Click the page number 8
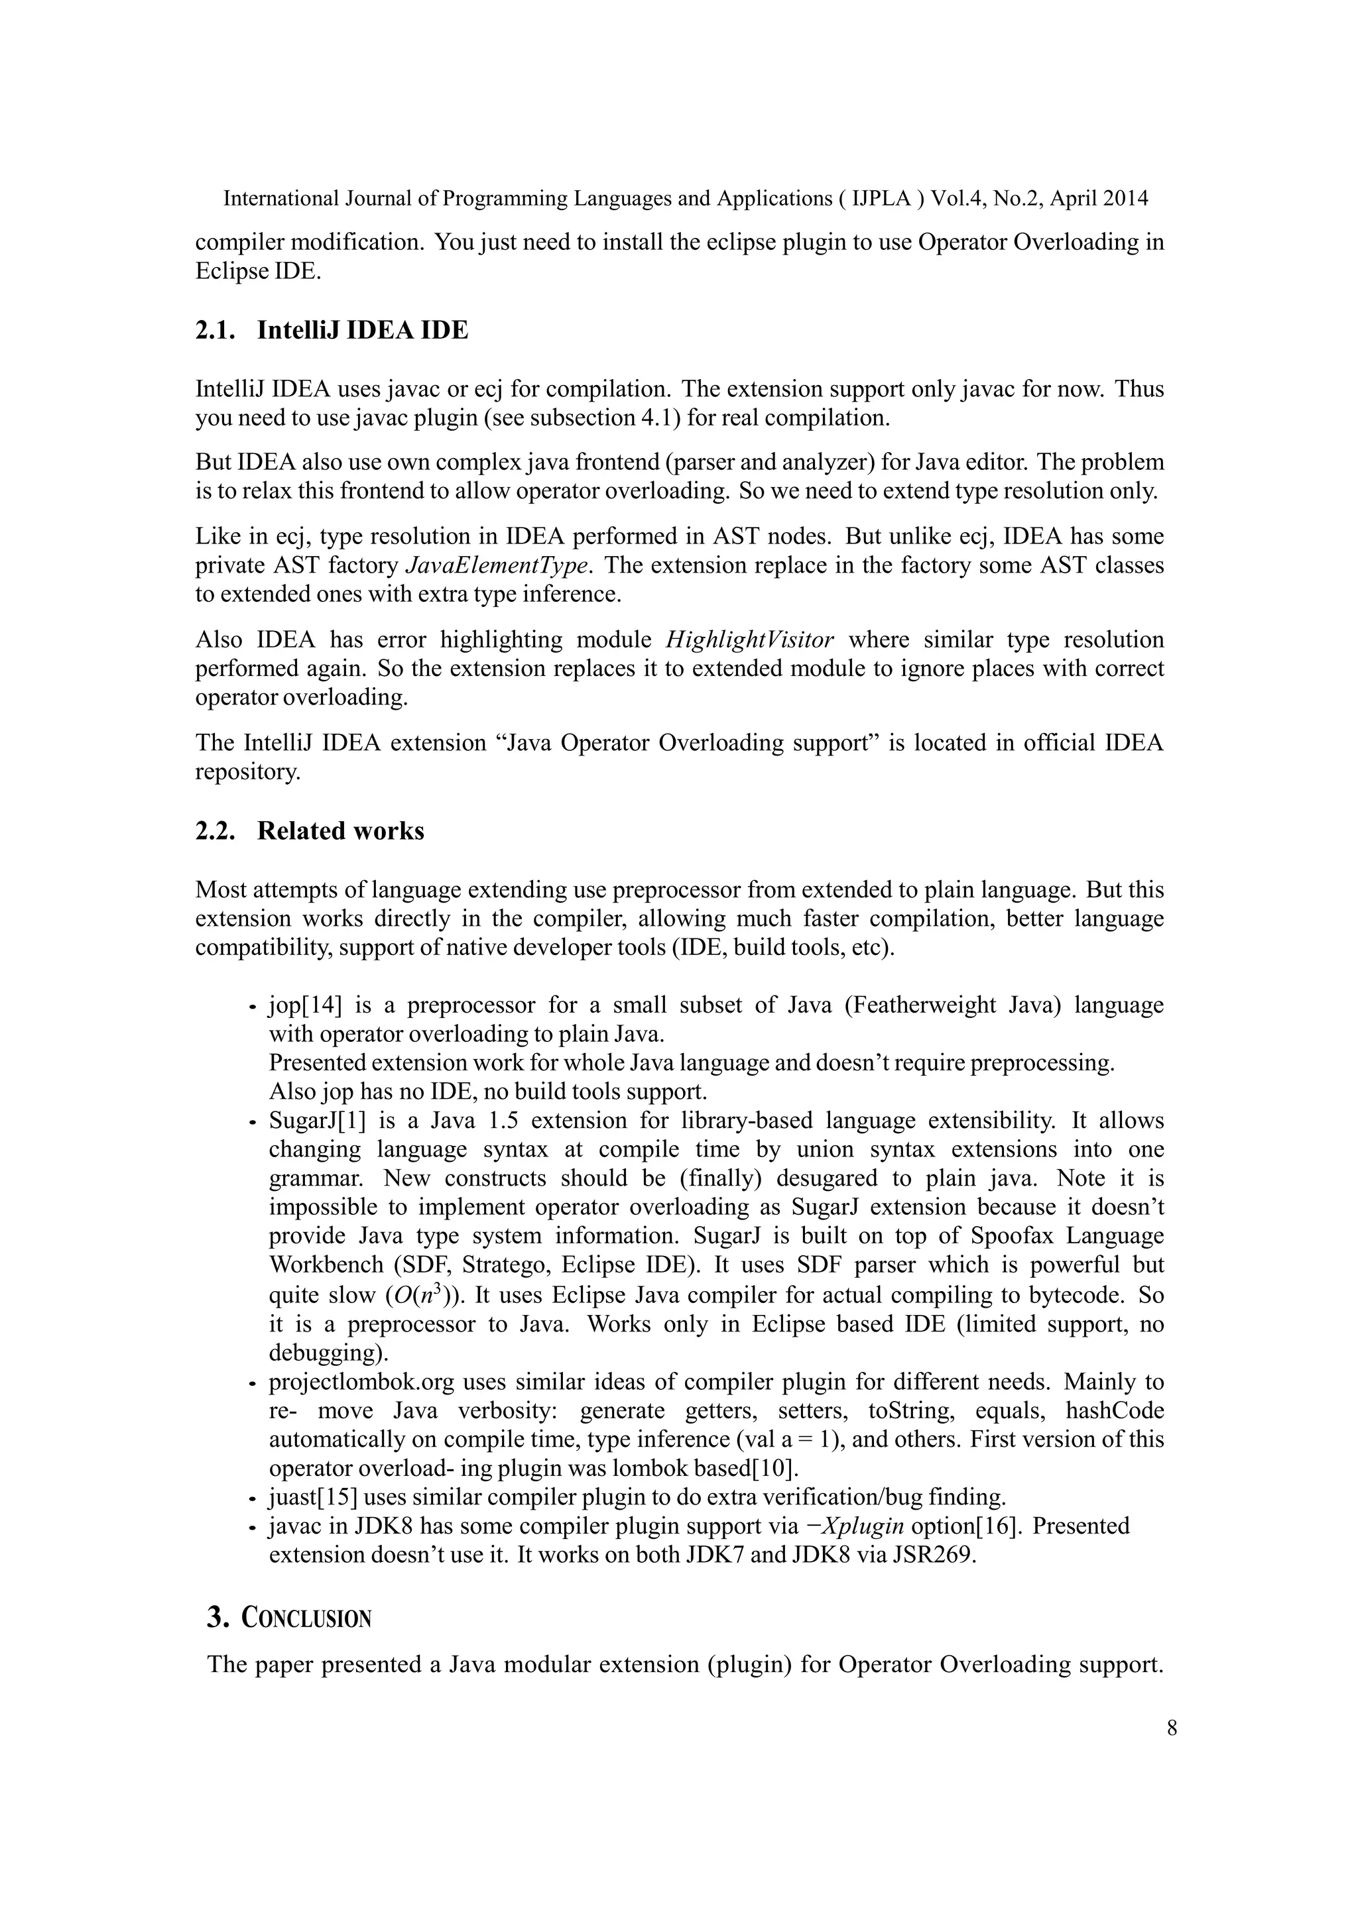pyautogui.click(x=1172, y=1728)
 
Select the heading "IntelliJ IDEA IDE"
pyautogui.click(x=362, y=330)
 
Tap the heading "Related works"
pyautogui.click(x=341, y=830)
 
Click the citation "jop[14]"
pyautogui.click(x=306, y=1005)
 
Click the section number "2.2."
pyautogui.click(x=215, y=830)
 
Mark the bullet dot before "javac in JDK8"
pyautogui.click(x=251, y=1528)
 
